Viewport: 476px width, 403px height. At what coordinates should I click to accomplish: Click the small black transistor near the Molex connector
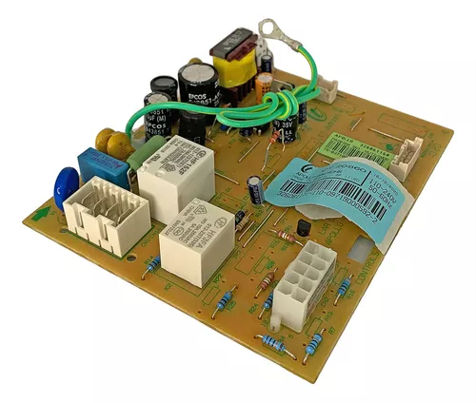pos(304,229)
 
